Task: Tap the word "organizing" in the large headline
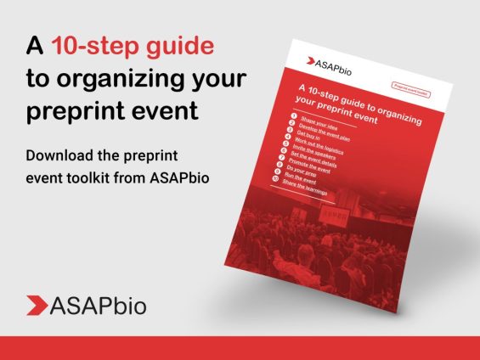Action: click(x=145, y=79)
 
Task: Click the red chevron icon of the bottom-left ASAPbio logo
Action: click(x=37, y=305)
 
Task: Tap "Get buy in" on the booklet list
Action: click(x=316, y=136)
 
